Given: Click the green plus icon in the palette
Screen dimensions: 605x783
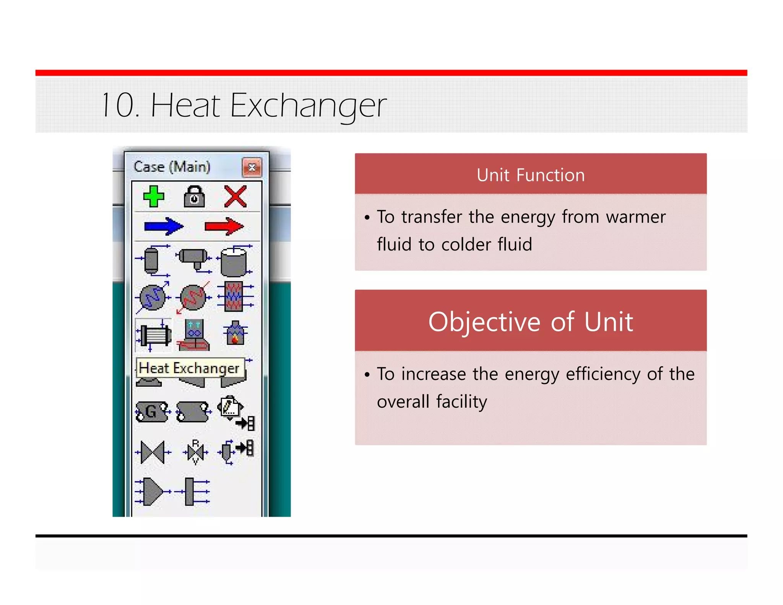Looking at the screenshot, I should (154, 197).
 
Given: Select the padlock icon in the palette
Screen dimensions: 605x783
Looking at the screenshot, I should (194, 197).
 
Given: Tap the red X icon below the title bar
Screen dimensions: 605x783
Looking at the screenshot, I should (235, 197).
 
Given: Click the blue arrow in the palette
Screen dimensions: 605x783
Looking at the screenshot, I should (164, 226).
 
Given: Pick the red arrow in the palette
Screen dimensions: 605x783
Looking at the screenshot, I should (224, 226).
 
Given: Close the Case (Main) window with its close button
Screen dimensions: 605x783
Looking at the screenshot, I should (252, 167).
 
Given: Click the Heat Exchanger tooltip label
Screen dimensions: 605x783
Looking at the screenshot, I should (190, 368).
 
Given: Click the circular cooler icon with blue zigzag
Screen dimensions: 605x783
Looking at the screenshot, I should (153, 298).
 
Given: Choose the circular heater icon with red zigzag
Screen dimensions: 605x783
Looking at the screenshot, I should (193, 298).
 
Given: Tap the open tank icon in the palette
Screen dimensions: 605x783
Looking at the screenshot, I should (234, 262).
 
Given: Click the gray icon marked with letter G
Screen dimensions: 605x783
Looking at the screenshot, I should (152, 411).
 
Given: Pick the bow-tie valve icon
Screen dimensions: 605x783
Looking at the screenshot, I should (153, 452).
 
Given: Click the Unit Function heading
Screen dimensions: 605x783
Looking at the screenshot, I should (531, 175).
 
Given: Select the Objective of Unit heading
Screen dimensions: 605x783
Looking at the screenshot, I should (531, 322).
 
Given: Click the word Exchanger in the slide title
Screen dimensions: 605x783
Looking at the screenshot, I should (308, 105).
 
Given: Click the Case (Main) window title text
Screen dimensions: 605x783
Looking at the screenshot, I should (172, 167).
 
